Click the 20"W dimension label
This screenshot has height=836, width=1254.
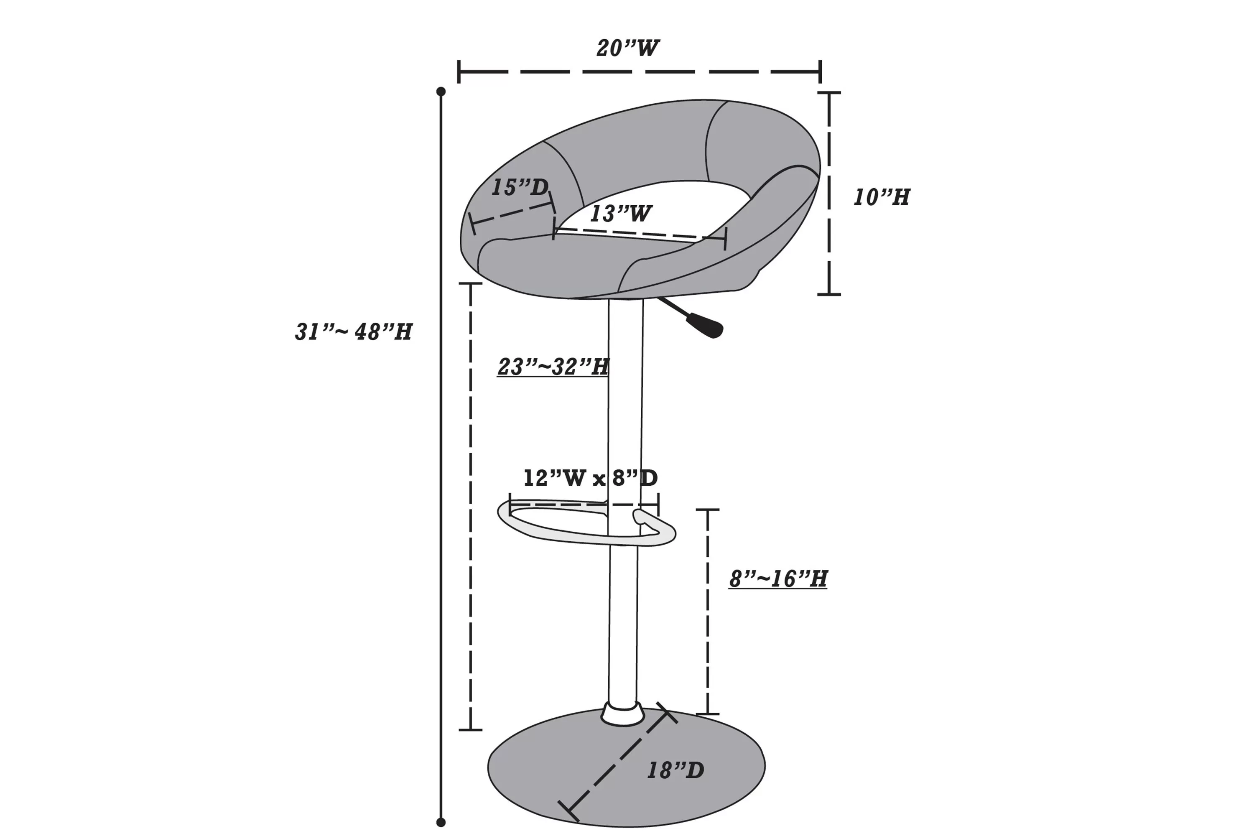(x=627, y=48)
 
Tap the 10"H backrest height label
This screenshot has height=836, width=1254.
(x=881, y=197)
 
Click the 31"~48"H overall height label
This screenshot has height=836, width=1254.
(x=354, y=331)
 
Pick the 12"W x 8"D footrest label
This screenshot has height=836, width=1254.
(x=590, y=478)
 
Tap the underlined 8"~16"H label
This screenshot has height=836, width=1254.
(x=778, y=579)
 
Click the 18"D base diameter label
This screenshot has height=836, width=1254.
(x=675, y=770)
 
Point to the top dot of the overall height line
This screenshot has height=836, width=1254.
(x=441, y=92)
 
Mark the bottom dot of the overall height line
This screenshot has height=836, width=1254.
(x=441, y=822)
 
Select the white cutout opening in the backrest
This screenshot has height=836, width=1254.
(x=656, y=205)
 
